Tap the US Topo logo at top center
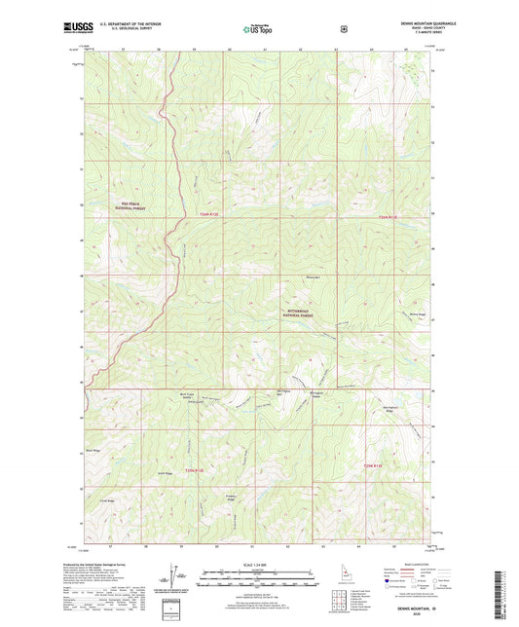point(258,29)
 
